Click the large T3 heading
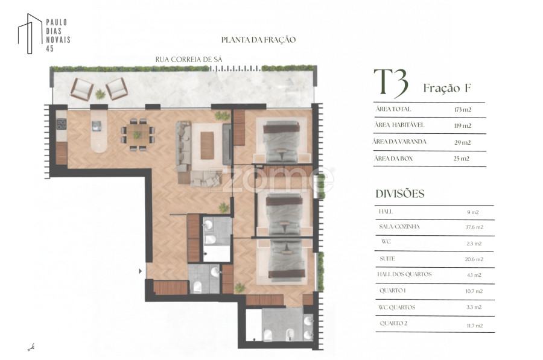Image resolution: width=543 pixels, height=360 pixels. [x=391, y=83]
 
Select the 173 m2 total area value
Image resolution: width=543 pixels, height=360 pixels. [x=463, y=110]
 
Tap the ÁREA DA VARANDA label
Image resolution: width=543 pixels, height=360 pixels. [x=399, y=142]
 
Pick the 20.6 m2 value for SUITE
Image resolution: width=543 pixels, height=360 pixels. [x=474, y=259]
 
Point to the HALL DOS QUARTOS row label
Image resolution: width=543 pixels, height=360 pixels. [x=404, y=274]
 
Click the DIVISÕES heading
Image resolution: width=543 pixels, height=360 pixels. [x=400, y=194]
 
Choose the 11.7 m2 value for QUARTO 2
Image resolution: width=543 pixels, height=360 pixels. [x=474, y=326]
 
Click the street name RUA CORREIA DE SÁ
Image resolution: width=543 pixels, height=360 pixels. [x=189, y=60]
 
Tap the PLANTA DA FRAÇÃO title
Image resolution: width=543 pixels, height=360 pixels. [x=258, y=40]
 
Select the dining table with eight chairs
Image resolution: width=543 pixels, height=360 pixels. [x=138, y=134]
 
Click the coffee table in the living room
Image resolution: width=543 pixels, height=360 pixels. [x=207, y=145]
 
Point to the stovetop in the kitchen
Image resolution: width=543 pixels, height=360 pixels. [x=62, y=124]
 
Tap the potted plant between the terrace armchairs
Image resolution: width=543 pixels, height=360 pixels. [x=100, y=94]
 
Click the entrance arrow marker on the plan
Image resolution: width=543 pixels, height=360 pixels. [x=140, y=271]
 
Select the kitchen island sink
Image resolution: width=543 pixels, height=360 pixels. [x=97, y=125]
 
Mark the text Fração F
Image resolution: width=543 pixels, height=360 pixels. [x=447, y=88]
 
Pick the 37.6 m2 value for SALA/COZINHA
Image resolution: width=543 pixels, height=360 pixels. [x=474, y=227]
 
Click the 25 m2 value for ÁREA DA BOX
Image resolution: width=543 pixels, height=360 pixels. [x=462, y=159]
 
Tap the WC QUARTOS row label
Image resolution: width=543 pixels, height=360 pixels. [x=397, y=307]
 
